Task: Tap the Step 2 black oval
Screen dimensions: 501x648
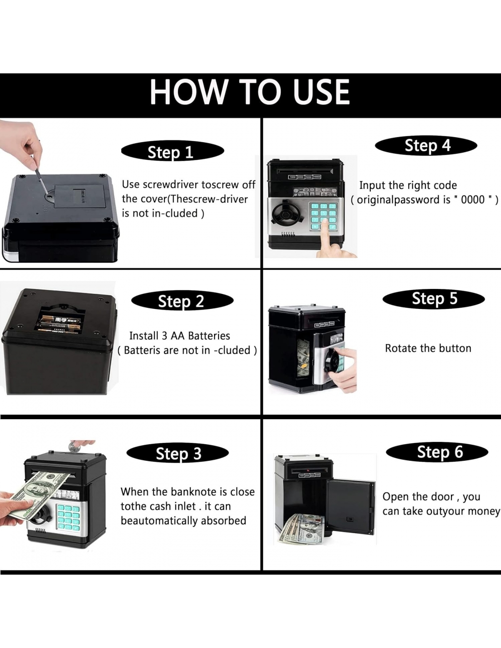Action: pyautogui.click(x=182, y=301)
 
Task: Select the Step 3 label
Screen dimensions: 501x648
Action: pyautogui.click(x=178, y=453)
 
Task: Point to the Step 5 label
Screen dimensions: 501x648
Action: pyautogui.click(x=434, y=298)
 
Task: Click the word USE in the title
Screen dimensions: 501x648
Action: pyautogui.click(x=321, y=92)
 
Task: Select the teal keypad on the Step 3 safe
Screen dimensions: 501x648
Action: pyautogui.click(x=68, y=519)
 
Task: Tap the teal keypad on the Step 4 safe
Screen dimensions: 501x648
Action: pyautogui.click(x=324, y=216)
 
